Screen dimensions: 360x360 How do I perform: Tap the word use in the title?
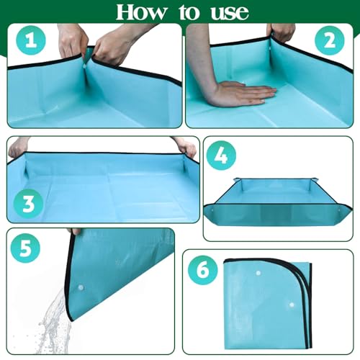(226, 12)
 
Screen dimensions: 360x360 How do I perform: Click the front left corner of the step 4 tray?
(215, 209)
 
